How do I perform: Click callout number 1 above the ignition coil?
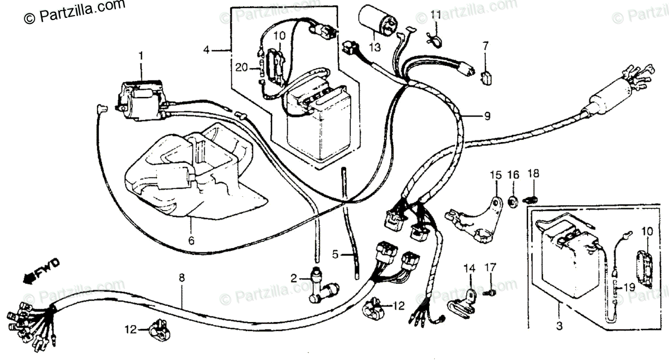pos(140,56)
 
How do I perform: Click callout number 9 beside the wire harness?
pos(487,116)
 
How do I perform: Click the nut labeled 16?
pos(513,199)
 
